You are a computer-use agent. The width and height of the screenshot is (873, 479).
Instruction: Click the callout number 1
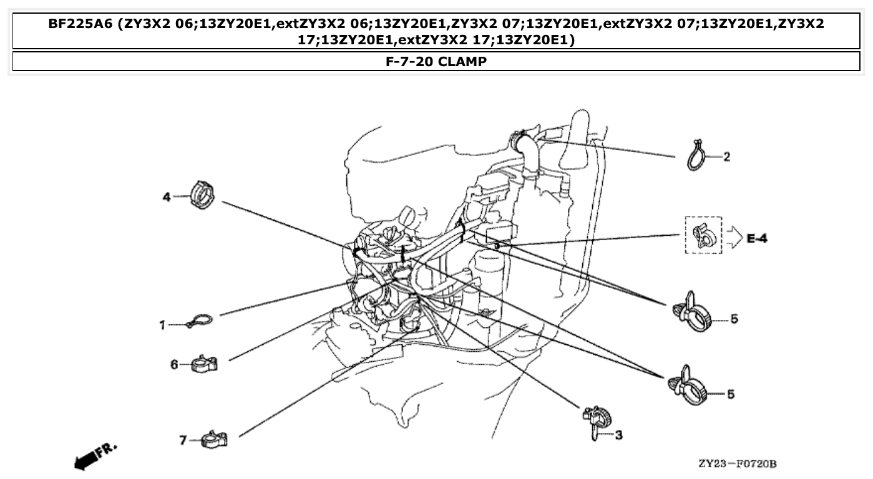tap(162, 325)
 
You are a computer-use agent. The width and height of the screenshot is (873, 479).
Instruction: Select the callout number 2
tap(726, 157)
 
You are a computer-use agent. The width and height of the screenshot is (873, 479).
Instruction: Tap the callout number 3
tap(618, 435)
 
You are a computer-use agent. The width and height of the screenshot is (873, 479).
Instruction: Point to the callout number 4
tap(166, 197)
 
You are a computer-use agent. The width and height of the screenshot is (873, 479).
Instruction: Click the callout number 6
tap(175, 364)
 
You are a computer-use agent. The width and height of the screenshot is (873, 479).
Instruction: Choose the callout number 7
tap(183, 440)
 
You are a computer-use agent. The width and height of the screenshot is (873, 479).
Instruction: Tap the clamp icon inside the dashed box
tap(703, 236)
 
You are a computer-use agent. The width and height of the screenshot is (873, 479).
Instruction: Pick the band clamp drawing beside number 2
tap(697, 155)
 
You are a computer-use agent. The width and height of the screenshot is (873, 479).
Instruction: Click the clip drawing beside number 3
tap(595, 422)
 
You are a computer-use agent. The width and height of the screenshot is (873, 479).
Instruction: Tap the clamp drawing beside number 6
tap(203, 364)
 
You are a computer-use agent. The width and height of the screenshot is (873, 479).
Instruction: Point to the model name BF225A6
tap(81, 24)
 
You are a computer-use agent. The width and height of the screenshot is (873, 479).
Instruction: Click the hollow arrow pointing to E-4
tap(733, 238)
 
